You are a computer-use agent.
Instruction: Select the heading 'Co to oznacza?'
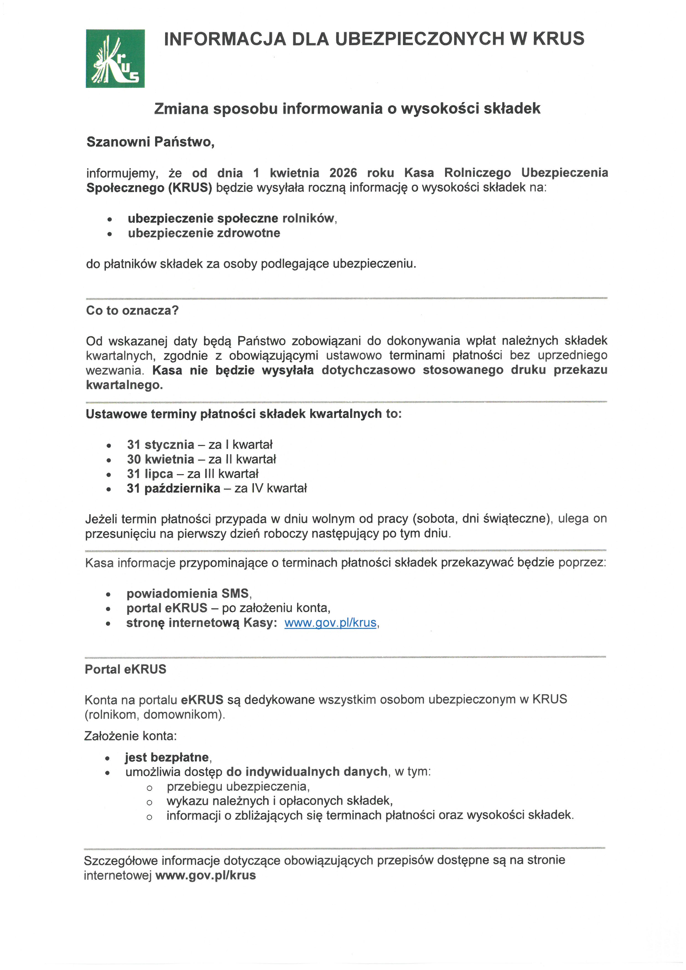coord(132,311)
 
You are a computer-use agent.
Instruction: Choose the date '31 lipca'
coord(150,474)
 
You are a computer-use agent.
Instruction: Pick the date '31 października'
coord(174,488)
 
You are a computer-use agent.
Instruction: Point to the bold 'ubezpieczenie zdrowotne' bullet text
coord(204,233)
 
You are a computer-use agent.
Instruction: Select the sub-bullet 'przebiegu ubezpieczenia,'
coord(238,786)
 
